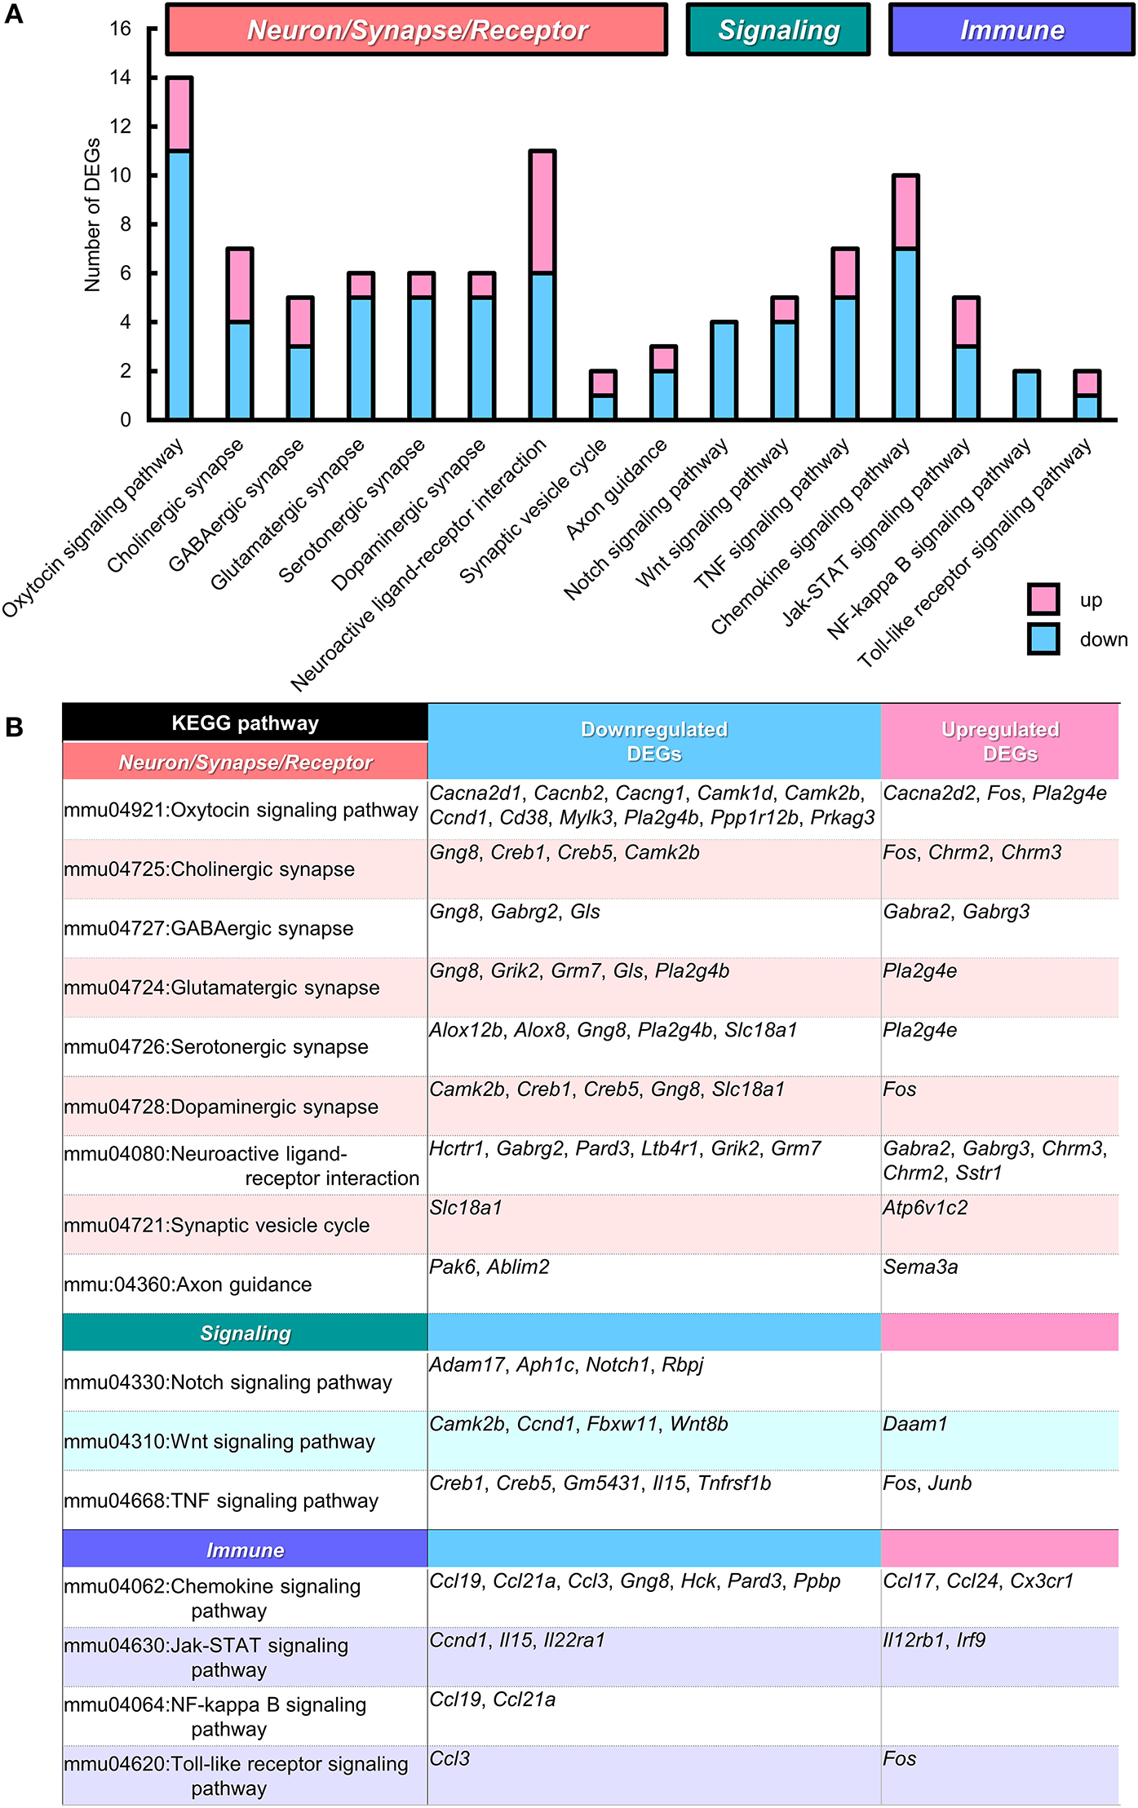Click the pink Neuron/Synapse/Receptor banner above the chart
416,30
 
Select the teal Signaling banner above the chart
778,30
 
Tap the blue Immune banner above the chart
1011,30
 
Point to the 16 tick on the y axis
120,29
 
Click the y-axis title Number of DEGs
92,214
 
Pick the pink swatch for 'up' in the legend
1043,599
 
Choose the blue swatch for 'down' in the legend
1043,639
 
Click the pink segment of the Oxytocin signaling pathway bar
179,114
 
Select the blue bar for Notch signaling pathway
724,371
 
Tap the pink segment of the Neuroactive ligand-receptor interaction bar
542,212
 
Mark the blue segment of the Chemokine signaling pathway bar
906,334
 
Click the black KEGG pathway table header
245,723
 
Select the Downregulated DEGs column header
653,741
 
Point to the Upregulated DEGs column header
1000,741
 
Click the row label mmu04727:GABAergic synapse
209,928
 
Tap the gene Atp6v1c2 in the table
925,1208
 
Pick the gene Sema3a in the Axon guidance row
920,1267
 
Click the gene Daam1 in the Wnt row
915,1424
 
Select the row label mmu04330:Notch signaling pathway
228,1382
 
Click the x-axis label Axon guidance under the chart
618,489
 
